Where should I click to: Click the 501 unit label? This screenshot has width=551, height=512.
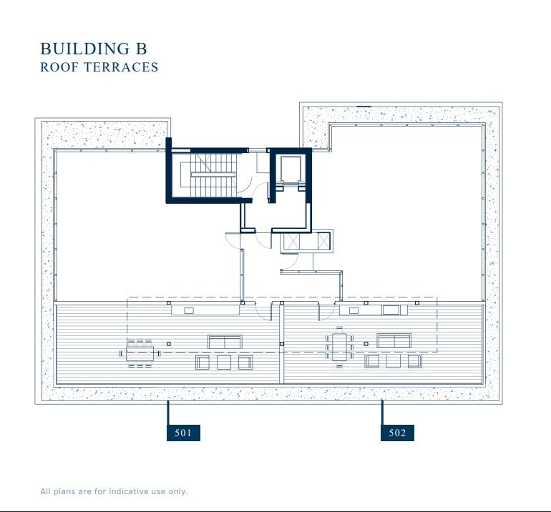click(x=183, y=433)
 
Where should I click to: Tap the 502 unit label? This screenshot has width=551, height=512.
click(x=397, y=433)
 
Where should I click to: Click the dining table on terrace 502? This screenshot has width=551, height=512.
click(x=339, y=347)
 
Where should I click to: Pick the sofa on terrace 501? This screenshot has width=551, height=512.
click(x=225, y=341)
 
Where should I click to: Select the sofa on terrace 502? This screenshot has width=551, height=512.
click(x=394, y=340)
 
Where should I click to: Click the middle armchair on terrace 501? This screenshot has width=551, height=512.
click(x=224, y=363)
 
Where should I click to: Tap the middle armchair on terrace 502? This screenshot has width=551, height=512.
click(x=391, y=362)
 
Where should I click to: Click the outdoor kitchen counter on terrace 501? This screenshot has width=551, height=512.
click(x=205, y=310)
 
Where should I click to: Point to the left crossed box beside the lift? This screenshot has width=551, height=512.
click(x=293, y=242)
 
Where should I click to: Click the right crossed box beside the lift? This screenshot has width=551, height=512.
click(x=323, y=242)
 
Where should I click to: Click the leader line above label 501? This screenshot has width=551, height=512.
click(x=168, y=413)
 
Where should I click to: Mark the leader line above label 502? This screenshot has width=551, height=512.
click(x=382, y=413)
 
